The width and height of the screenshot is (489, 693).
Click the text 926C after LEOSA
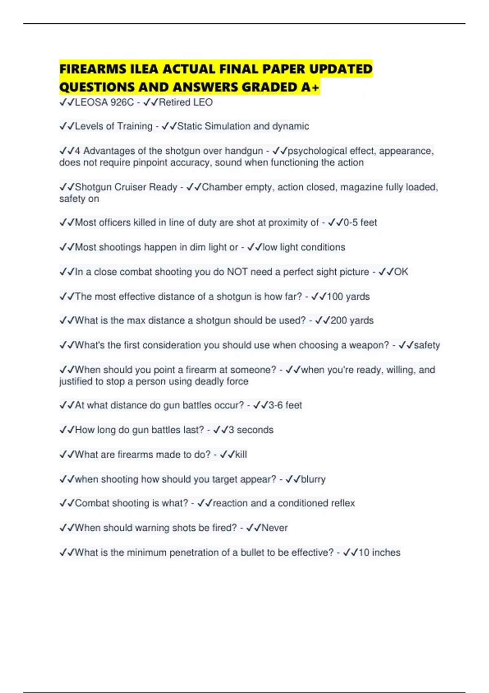click(122, 102)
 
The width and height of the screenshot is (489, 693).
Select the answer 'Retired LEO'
click(185, 102)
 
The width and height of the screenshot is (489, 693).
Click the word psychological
click(317, 151)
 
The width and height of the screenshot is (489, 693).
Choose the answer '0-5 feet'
click(360, 223)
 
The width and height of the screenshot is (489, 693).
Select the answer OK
click(401, 272)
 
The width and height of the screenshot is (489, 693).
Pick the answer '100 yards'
click(348, 296)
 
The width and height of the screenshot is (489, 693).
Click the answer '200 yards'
click(352, 320)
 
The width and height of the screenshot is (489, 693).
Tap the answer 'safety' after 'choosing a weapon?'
click(427, 345)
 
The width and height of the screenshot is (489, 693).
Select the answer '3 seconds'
click(251, 430)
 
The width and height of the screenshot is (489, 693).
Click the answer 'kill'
click(241, 455)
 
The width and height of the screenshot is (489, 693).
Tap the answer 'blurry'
click(313, 479)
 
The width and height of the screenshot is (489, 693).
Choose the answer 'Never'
click(274, 528)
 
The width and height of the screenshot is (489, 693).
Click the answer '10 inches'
click(379, 553)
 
